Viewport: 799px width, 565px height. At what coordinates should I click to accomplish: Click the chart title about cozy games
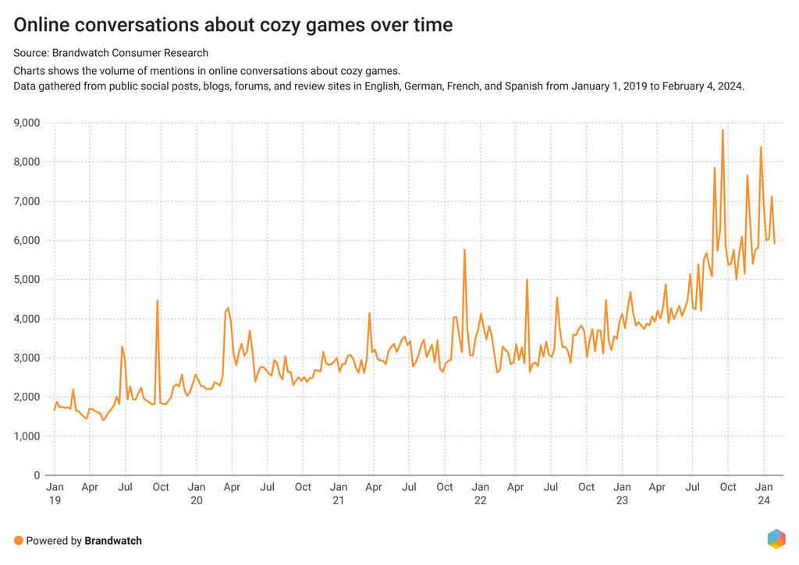click(233, 25)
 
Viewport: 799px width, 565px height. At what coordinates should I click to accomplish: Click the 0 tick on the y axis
click(36, 475)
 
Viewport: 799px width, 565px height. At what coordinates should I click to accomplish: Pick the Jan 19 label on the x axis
click(55, 493)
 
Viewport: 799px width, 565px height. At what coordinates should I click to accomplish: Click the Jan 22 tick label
click(480, 493)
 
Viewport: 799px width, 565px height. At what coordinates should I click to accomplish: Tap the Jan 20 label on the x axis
click(197, 493)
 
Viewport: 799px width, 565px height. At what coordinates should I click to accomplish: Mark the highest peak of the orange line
click(723, 130)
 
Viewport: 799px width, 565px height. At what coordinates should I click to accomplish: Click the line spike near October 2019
click(158, 301)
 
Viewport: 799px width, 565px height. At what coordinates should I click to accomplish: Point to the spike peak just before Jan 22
click(464, 250)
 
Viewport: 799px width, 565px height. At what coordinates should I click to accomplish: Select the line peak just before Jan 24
click(761, 147)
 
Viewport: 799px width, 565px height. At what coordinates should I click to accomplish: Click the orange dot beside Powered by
click(19, 541)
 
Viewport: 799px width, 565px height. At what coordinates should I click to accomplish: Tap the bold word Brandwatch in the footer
click(113, 541)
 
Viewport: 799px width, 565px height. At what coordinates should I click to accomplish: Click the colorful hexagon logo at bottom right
click(776, 539)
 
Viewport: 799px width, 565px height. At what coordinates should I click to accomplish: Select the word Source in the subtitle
click(31, 53)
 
